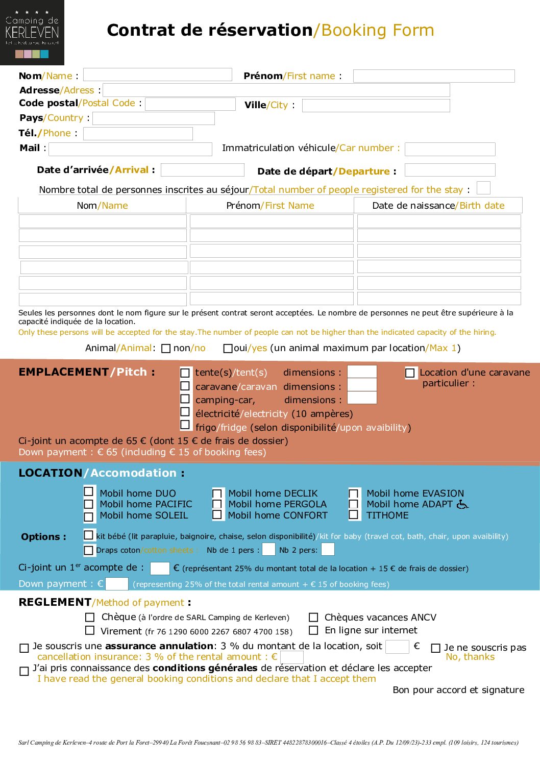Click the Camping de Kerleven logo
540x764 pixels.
pyautogui.click(x=32, y=33)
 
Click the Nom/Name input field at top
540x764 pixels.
pyautogui.click(x=157, y=75)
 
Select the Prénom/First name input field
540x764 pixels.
pyautogui.click(x=433, y=76)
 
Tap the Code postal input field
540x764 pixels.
pyautogui.click(x=190, y=104)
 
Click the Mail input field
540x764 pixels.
pyautogui.click(x=130, y=149)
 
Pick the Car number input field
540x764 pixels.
pyautogui.click(x=450, y=149)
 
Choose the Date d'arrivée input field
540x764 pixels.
pyautogui.click(x=202, y=170)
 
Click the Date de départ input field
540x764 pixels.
pyautogui.click(x=450, y=170)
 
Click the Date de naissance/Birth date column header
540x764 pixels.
pyautogui.click(x=438, y=205)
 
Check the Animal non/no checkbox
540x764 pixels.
pyautogui.click(x=166, y=349)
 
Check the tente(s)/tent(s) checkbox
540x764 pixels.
pyautogui.click(x=185, y=373)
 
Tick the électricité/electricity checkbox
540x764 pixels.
pyautogui.click(x=185, y=412)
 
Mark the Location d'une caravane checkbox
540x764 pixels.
pyautogui.click(x=410, y=373)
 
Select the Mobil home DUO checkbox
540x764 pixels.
pyautogui.click(x=89, y=491)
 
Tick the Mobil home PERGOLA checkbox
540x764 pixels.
pyautogui.click(x=217, y=504)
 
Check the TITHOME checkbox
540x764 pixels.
pyautogui.click(x=353, y=515)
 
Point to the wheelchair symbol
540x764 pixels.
pyautogui.click(x=462, y=504)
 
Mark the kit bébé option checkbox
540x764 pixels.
pyautogui.click(x=89, y=535)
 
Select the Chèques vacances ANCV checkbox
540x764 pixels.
pyautogui.click(x=314, y=618)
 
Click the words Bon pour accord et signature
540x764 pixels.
pyautogui.click(x=458, y=690)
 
